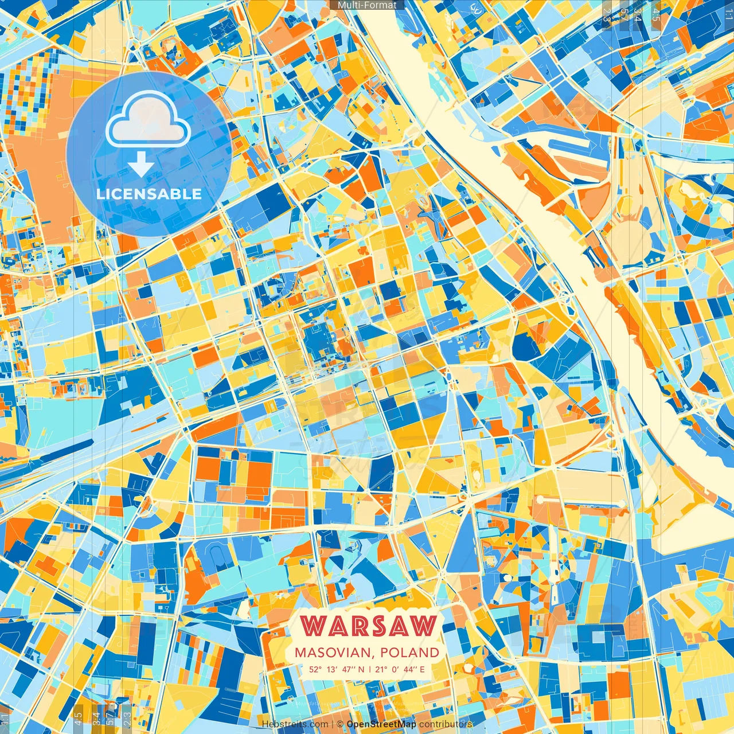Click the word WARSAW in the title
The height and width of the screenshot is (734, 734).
tap(368, 626)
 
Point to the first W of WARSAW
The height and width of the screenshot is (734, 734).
tap(313, 626)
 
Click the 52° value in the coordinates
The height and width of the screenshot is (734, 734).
tap(315, 669)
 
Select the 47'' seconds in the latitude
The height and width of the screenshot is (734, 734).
tap(347, 669)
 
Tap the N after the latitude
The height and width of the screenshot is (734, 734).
tap(361, 669)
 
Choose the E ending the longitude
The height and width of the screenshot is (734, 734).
tap(422, 669)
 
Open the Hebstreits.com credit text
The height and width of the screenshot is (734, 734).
tap(295, 724)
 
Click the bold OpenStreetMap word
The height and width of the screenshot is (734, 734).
tap(381, 724)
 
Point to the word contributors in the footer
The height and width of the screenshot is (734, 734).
tap(446, 724)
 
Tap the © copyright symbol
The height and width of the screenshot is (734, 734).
tap(340, 724)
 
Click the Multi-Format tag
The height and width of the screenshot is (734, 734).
tap(367, 5)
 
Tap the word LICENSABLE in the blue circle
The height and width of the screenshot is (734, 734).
tap(149, 194)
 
